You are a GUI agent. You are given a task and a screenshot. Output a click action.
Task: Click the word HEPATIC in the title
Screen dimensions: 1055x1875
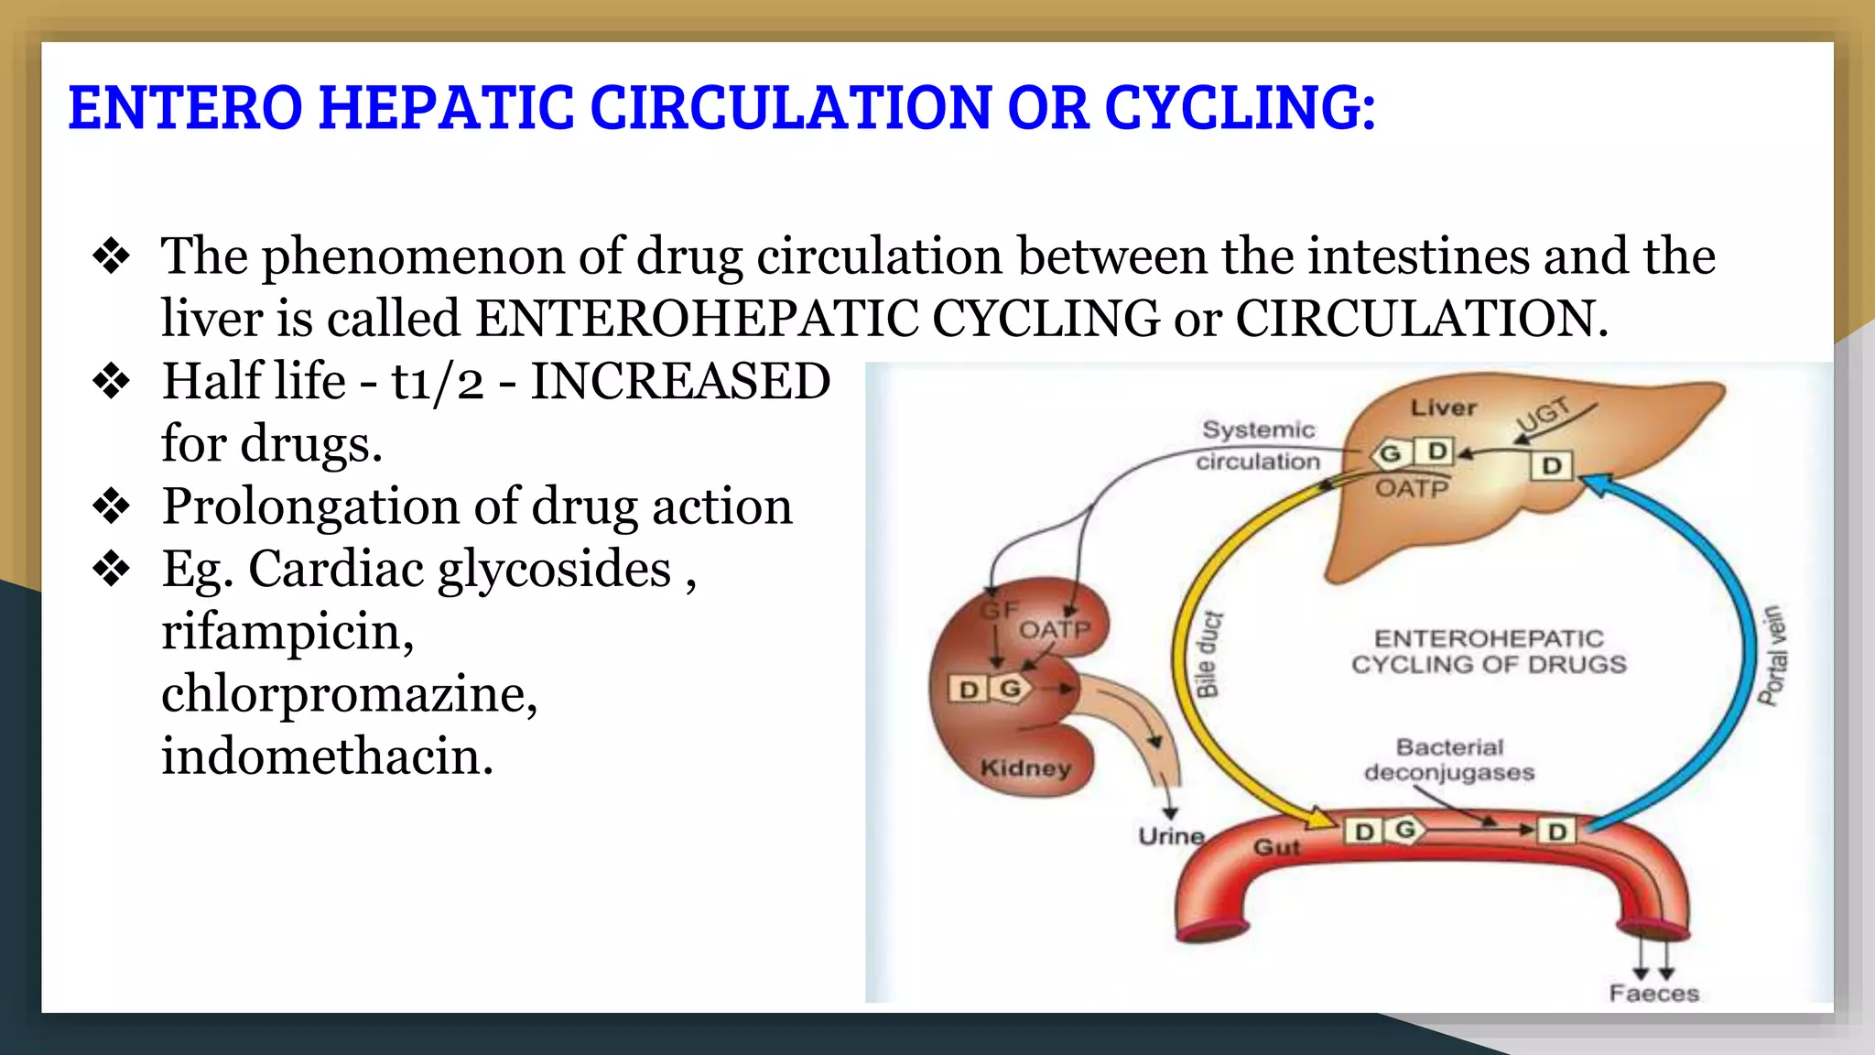coord(446,108)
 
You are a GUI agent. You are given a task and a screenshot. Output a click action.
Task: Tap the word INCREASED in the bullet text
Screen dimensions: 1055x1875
coord(680,382)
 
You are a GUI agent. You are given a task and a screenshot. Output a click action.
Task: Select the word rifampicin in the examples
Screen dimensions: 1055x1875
coord(287,632)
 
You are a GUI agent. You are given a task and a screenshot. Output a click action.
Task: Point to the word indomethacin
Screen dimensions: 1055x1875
coord(327,757)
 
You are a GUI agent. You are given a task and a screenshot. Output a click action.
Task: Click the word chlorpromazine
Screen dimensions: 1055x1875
coord(349,694)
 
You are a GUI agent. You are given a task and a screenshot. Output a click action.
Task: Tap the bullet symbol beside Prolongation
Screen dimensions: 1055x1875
coord(112,506)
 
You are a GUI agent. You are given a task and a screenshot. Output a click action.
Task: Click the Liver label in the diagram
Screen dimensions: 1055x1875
coord(1443,408)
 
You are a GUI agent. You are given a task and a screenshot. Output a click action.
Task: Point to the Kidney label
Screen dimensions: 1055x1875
coord(1025,767)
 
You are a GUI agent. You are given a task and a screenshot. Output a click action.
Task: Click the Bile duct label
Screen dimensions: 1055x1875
coord(1208,654)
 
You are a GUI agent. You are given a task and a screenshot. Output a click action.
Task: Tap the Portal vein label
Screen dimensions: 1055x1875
coord(1772,656)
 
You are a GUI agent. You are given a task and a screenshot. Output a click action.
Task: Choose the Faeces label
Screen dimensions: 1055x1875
coord(1653,994)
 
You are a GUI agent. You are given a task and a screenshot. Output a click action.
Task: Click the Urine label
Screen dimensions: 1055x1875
coord(1171,836)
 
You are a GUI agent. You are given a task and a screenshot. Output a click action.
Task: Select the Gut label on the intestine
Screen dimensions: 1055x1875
coord(1276,848)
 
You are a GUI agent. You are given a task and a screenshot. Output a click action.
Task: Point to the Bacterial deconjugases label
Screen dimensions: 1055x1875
coord(1449,760)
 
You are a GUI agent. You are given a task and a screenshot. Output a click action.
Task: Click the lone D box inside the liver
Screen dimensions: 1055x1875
coord(1551,466)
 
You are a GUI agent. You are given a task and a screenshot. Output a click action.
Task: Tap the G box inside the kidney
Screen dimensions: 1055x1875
coord(1011,689)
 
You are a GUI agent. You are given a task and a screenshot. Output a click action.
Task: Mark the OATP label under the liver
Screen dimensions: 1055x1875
coord(1412,488)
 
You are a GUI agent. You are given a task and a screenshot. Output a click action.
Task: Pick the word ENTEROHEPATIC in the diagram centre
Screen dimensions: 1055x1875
coord(1489,638)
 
